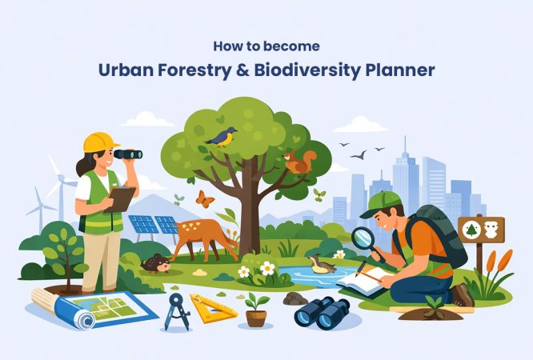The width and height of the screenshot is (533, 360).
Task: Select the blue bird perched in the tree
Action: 221,137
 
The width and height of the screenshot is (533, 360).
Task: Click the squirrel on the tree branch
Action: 298,162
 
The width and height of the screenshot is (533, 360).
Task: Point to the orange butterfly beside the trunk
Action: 205,199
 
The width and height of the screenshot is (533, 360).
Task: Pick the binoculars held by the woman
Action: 127,154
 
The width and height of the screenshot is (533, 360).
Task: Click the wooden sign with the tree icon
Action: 480,231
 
